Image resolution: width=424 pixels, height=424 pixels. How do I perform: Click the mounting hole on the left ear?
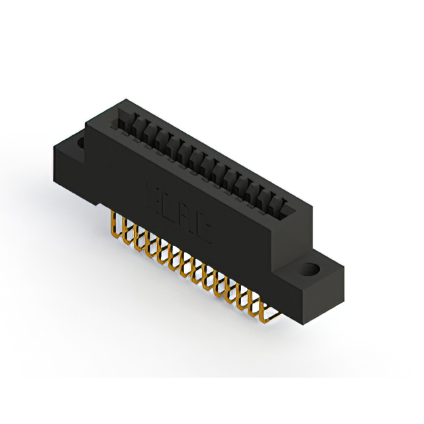tap(79, 142)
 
